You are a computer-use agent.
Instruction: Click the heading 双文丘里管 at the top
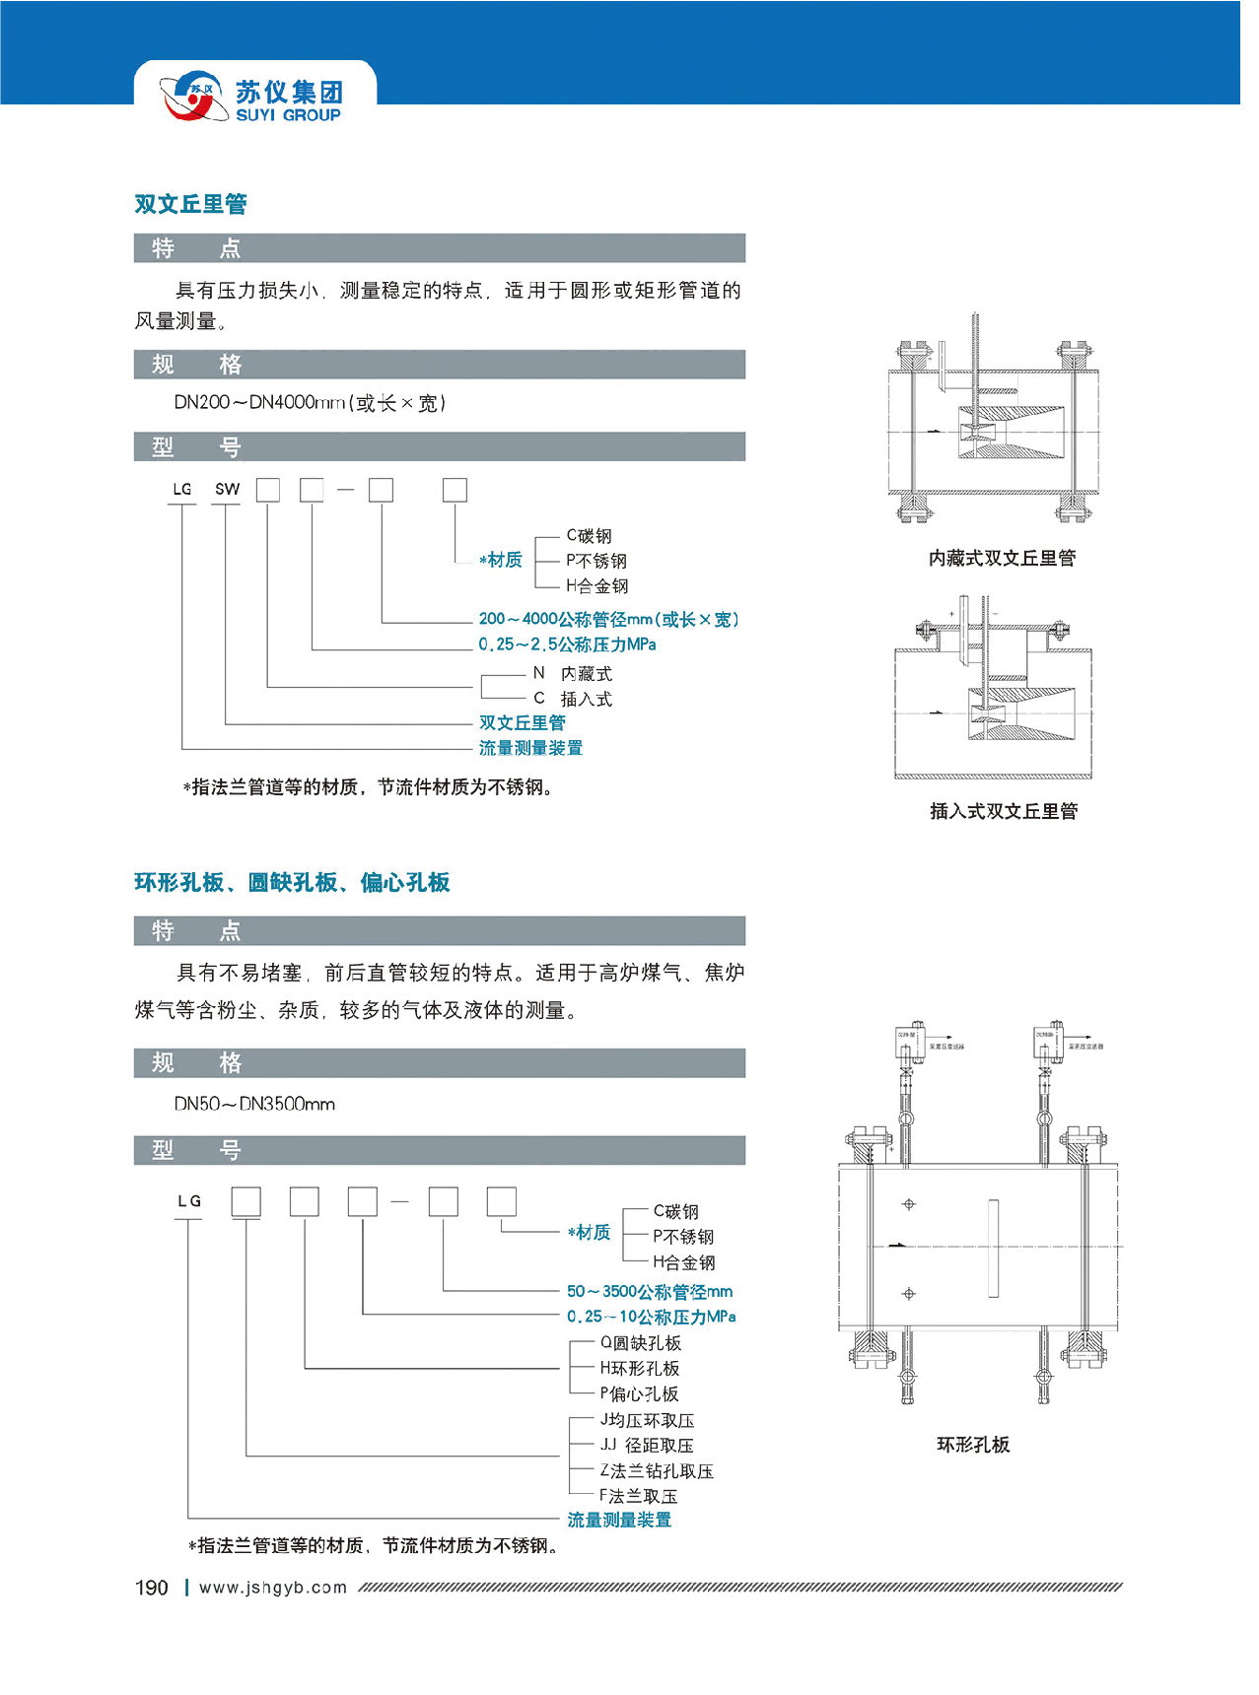[x=190, y=204]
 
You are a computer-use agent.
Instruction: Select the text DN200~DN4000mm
[x=260, y=402]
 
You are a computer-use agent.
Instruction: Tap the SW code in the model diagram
[x=227, y=489]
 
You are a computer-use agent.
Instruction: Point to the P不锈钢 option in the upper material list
[x=595, y=561]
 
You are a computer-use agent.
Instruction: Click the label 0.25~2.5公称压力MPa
[x=567, y=644]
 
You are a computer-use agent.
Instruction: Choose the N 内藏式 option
[x=573, y=674]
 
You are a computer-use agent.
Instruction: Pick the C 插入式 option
[x=573, y=699]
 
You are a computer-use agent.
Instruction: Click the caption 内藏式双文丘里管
[x=1002, y=559]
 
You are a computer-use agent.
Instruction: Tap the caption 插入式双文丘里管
[x=1004, y=812]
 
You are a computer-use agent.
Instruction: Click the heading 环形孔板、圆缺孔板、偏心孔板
[x=292, y=882]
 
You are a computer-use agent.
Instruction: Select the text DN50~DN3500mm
[x=254, y=1104]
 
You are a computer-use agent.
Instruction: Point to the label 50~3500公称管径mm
[x=649, y=1291]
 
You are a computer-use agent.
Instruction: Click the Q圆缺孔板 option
[x=640, y=1343]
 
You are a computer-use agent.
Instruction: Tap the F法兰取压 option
[x=638, y=1495]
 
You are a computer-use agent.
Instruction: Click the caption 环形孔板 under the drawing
[x=973, y=1445]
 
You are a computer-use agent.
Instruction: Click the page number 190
[x=152, y=1588]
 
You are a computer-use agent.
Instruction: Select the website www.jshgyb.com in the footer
[x=273, y=1588]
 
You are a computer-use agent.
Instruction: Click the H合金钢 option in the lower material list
[x=683, y=1262]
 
